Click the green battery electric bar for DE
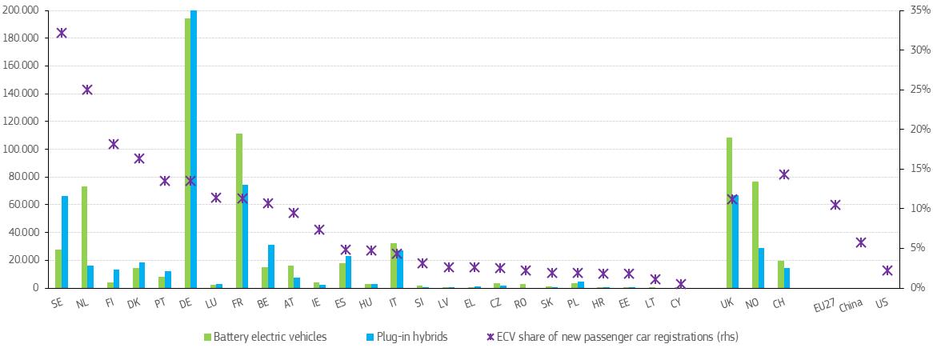[x=187, y=152]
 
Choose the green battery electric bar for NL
[x=84, y=237]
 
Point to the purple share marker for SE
[x=62, y=33]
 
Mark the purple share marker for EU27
[x=835, y=205]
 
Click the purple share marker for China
[x=861, y=242]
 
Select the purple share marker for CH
[x=784, y=174]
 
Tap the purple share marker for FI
[x=113, y=144]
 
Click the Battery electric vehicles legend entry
[x=265, y=337]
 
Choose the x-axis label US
[x=882, y=303]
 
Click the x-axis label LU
[x=211, y=303]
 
